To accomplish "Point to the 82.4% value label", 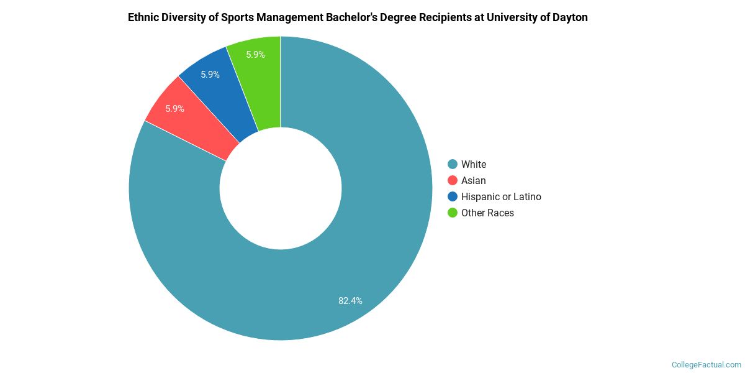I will click(350, 301).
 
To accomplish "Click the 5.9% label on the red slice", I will click(174, 109).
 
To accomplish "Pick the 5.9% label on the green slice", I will click(255, 55).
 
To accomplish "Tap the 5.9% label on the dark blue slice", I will click(210, 75).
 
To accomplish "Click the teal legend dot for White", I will click(453, 164).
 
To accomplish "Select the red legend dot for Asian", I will click(453, 180).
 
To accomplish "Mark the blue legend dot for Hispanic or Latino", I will click(453, 196).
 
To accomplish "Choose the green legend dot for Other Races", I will click(453, 213).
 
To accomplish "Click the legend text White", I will click(474, 164).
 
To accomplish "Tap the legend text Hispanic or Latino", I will click(501, 196).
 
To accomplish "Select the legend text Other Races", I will click(487, 213).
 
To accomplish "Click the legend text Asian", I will click(473, 180).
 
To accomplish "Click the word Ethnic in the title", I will click(143, 17).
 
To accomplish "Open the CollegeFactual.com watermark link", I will click(707, 365).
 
